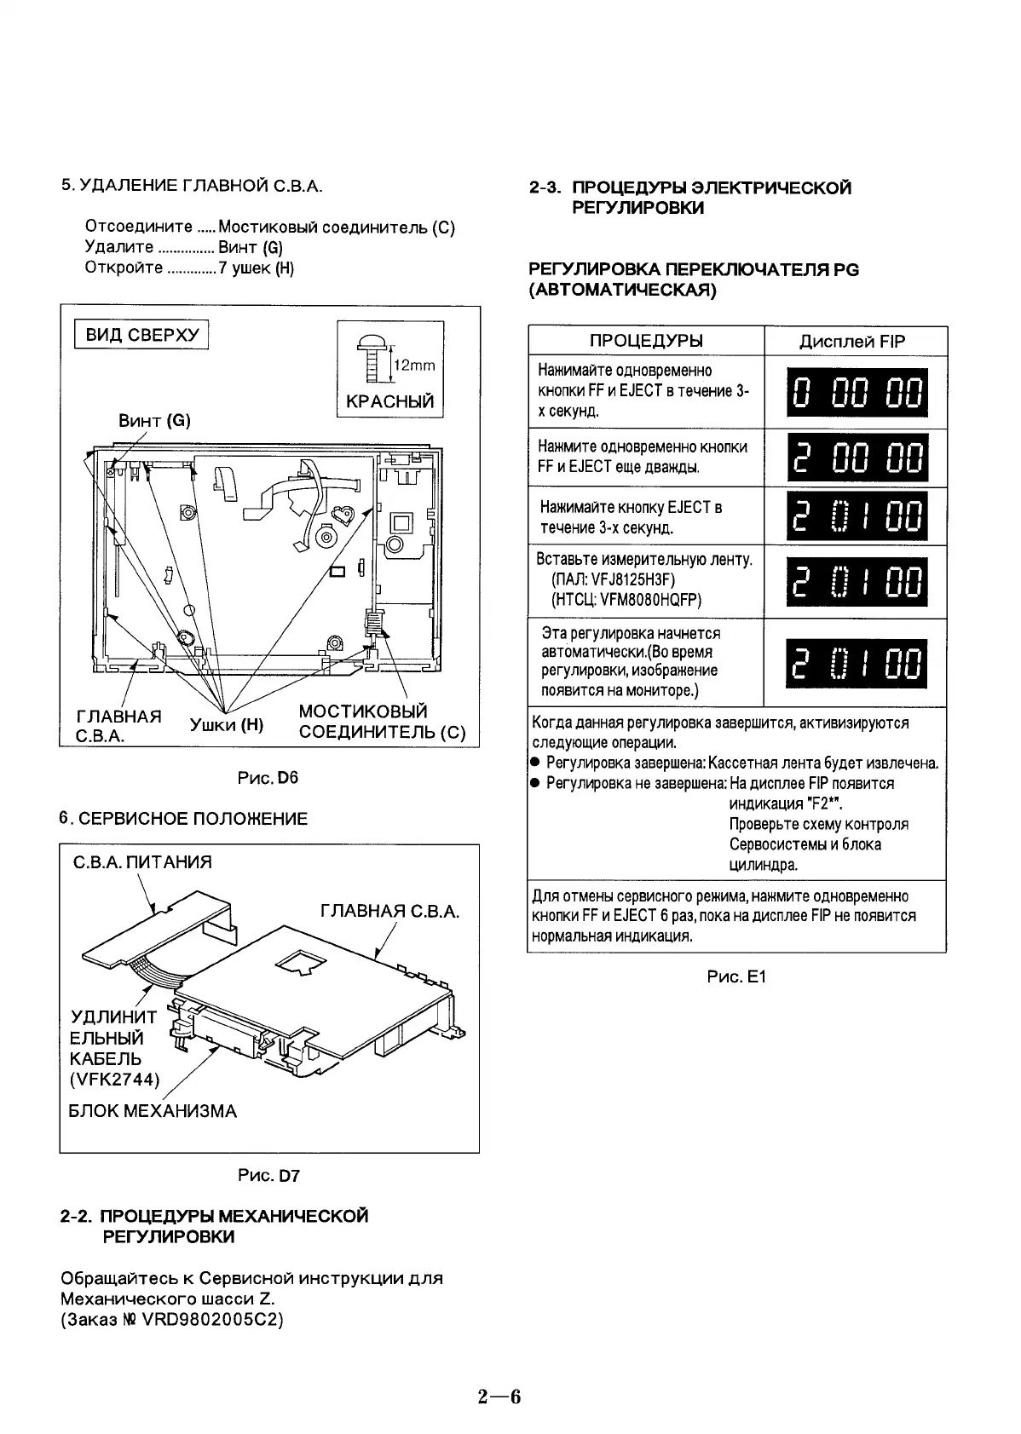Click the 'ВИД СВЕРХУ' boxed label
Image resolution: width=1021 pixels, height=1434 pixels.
[x=142, y=334]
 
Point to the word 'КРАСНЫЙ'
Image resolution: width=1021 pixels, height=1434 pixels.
[x=389, y=401]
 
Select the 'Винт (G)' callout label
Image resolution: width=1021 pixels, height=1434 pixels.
[x=154, y=420]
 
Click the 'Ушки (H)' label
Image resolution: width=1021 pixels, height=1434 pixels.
[x=226, y=725]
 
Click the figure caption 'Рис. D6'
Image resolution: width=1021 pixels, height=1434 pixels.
[x=268, y=778]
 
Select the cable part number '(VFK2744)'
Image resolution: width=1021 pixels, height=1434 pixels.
[x=114, y=1080]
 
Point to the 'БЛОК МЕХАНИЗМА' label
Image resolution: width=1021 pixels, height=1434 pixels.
[x=153, y=1111]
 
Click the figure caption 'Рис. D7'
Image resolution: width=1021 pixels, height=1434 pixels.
[x=268, y=1176]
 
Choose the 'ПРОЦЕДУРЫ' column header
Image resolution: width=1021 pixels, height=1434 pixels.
[x=646, y=341]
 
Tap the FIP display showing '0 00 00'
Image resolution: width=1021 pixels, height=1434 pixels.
[x=856, y=394]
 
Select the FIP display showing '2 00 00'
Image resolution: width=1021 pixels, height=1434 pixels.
[x=856, y=457]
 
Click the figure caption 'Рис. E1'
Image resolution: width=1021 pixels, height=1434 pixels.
[x=736, y=976]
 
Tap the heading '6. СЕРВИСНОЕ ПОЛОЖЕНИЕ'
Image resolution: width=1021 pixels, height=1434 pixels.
[x=183, y=819]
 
